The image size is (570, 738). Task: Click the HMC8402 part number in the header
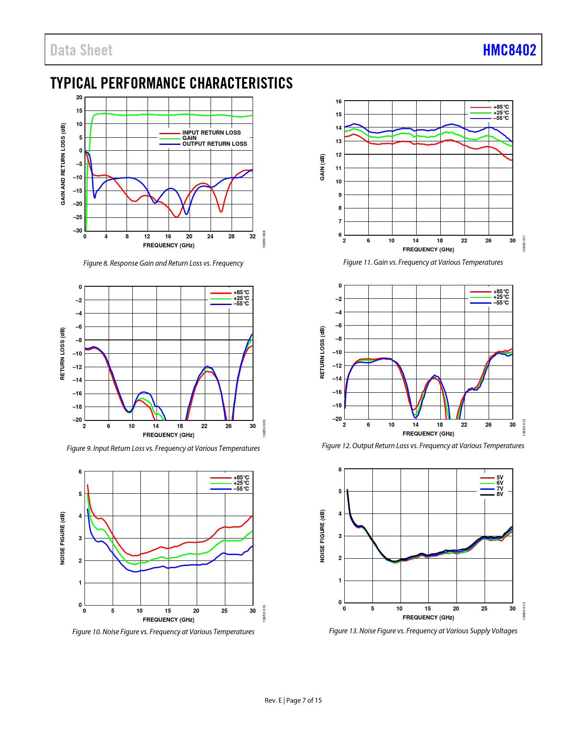509,50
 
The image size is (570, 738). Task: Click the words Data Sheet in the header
81,50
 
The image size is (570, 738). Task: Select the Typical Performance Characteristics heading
171,83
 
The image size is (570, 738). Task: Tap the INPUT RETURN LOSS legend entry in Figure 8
211,133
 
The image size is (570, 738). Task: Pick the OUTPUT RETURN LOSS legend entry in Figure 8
214,144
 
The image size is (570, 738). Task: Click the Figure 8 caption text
163,263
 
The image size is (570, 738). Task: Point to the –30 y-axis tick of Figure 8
78,231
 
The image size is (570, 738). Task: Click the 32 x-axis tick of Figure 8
253,237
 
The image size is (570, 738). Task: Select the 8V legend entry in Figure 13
499,494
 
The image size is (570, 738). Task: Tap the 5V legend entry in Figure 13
499,478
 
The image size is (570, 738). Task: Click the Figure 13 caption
423,631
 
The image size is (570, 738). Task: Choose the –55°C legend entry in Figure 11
501,118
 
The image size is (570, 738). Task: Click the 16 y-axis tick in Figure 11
339,102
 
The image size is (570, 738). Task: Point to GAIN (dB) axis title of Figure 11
322,168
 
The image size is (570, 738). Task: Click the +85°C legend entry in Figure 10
241,478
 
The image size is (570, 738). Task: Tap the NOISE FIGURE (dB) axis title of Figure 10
63,538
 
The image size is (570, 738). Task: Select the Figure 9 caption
163,449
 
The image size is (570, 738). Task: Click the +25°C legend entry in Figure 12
501,297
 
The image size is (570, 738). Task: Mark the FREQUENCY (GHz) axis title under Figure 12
428,434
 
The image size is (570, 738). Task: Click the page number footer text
293,700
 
